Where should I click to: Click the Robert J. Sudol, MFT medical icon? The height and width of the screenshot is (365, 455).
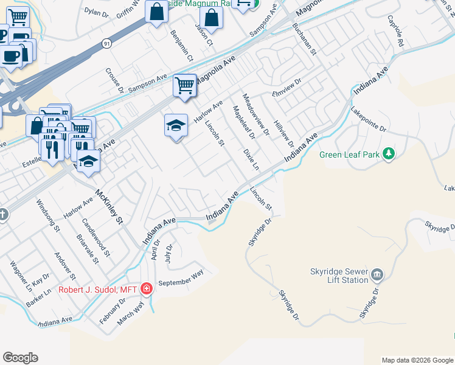pos(146,288)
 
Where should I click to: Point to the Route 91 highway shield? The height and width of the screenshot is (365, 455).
pos(107,43)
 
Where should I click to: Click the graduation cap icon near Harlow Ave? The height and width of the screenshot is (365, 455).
pos(176,125)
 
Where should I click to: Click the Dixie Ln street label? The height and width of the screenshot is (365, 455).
pos(251,159)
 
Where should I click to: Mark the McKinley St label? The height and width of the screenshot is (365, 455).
pos(109,206)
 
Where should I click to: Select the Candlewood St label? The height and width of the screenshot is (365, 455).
pos(96,237)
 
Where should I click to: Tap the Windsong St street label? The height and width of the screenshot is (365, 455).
pos(48,216)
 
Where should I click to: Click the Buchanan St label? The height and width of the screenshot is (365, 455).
pos(305,38)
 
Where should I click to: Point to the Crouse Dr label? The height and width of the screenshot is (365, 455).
pos(114,80)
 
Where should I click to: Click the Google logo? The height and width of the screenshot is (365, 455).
pos(20,358)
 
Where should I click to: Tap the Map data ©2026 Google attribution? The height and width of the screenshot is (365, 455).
pos(417,360)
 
